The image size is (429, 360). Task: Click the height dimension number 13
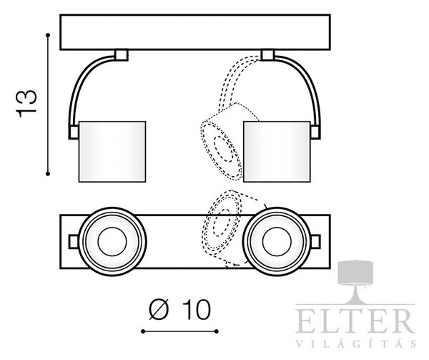click(x=26, y=104)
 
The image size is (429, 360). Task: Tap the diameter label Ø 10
click(x=180, y=310)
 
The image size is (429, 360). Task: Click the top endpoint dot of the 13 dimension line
click(x=48, y=35)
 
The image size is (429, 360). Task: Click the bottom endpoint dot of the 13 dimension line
click(x=48, y=174)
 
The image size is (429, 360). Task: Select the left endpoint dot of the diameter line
click(x=143, y=331)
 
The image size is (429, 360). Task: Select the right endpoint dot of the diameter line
click(x=217, y=331)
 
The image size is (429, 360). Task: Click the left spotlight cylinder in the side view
click(x=112, y=152)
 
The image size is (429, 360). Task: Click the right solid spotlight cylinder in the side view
click(x=277, y=152)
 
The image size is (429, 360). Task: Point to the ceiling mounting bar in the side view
click(x=195, y=32)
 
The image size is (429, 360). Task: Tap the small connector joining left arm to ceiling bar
click(x=122, y=55)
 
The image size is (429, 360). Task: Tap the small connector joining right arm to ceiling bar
click(x=268, y=55)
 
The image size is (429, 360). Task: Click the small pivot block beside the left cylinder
click(x=74, y=132)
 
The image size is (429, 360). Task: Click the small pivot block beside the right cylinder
click(x=315, y=132)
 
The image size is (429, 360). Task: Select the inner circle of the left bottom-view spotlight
click(x=112, y=242)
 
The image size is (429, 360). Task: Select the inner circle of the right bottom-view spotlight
click(x=277, y=242)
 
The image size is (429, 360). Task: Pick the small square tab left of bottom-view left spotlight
click(x=74, y=242)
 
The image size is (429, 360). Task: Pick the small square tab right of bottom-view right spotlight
click(x=315, y=242)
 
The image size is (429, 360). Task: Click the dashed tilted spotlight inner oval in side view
click(x=224, y=149)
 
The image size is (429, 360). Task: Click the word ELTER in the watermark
click(x=355, y=321)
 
